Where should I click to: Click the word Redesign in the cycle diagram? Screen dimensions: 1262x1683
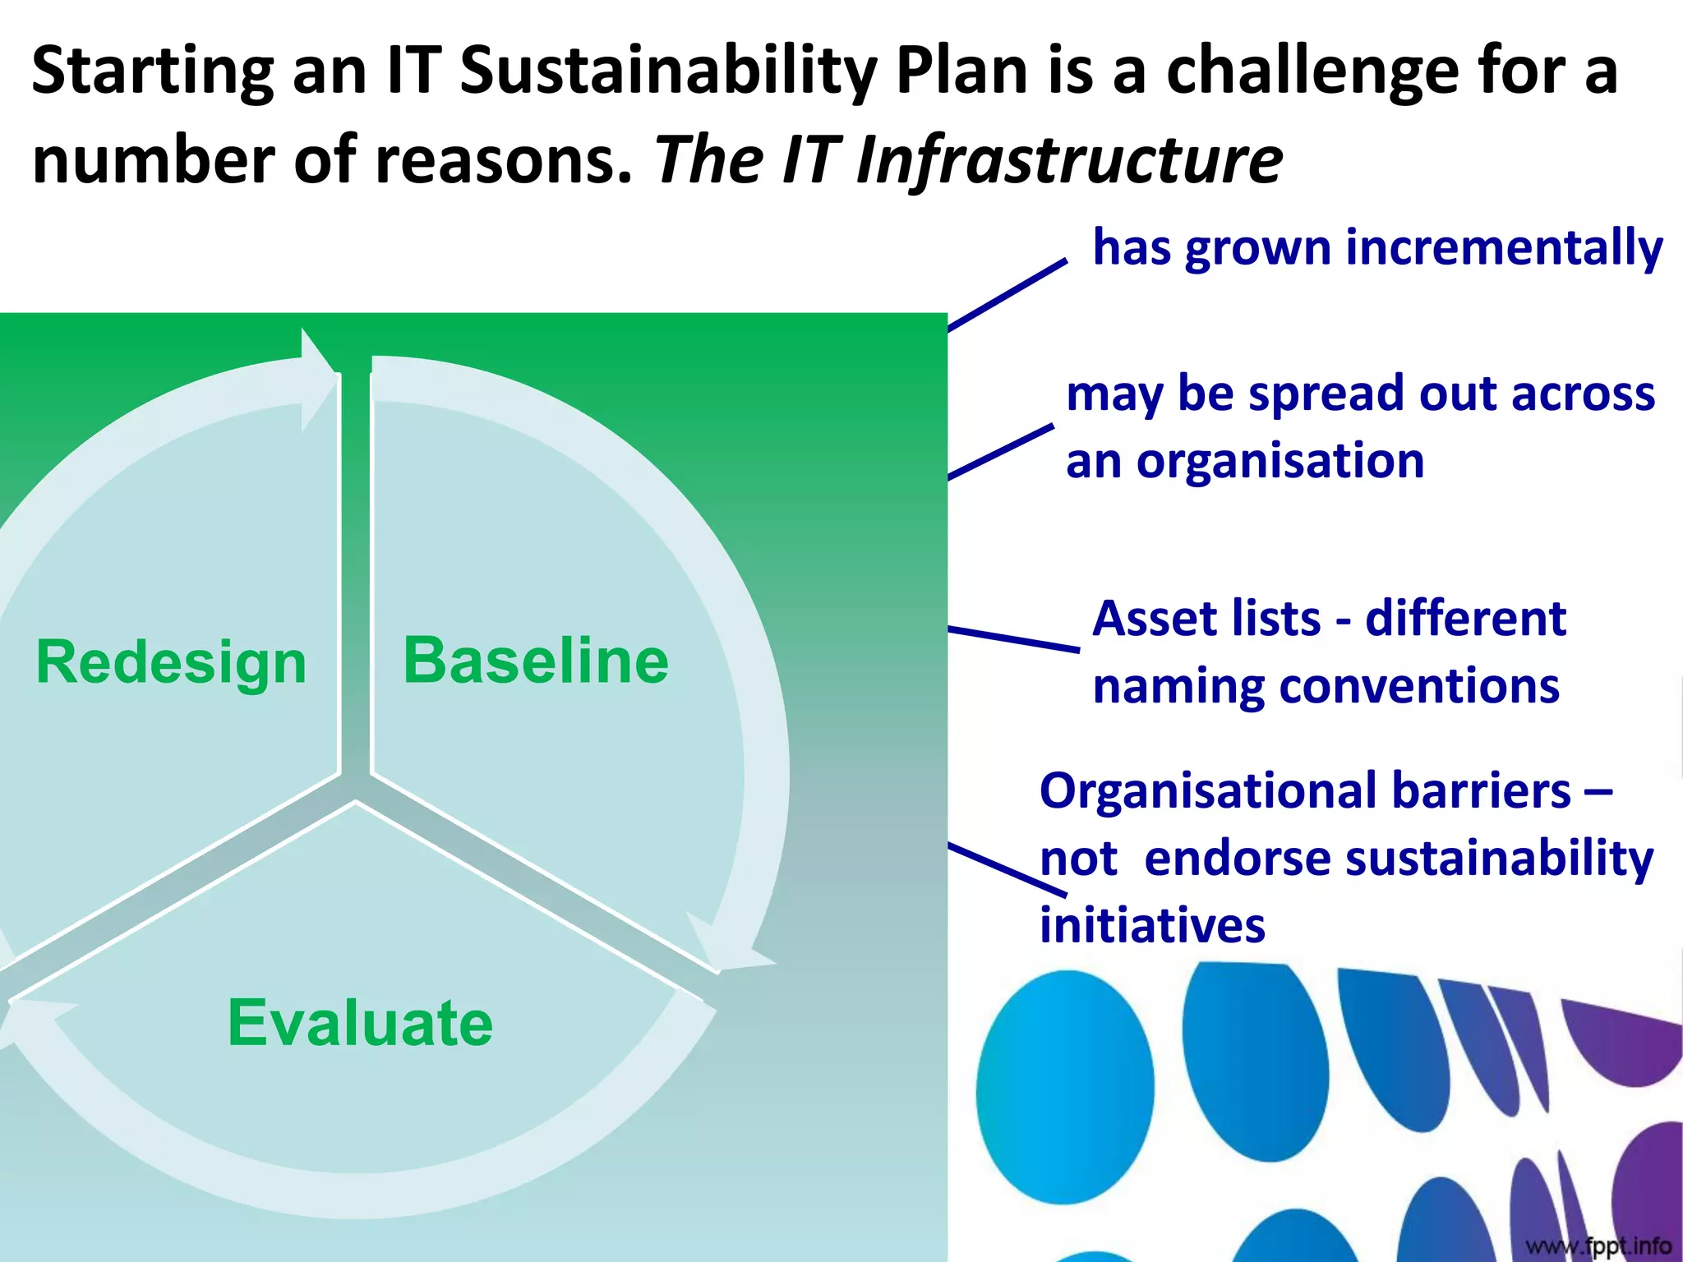(x=171, y=662)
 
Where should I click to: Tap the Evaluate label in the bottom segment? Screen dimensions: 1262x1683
(x=360, y=1023)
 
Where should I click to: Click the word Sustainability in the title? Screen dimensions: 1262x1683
(x=667, y=72)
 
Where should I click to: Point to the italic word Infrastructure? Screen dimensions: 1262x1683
(x=1068, y=160)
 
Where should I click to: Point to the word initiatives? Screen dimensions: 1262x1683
(x=1152, y=926)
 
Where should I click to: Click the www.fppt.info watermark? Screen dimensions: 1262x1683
(x=1598, y=1246)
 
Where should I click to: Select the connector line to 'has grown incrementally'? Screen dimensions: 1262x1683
(x=1007, y=295)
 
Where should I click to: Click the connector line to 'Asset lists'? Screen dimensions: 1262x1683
(x=1014, y=639)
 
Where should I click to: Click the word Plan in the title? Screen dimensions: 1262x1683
(x=961, y=72)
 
